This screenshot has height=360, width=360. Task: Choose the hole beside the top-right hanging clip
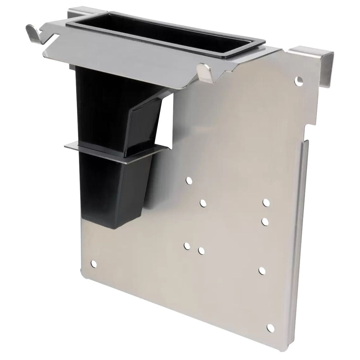click(x=299, y=80)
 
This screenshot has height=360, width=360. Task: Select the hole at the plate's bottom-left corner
click(x=94, y=264)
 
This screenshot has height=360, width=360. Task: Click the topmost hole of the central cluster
click(x=189, y=180)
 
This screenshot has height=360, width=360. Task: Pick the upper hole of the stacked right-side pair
click(x=265, y=202)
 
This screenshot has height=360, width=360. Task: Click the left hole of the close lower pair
click(x=187, y=246)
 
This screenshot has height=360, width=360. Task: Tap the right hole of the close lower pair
click(x=201, y=250)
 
